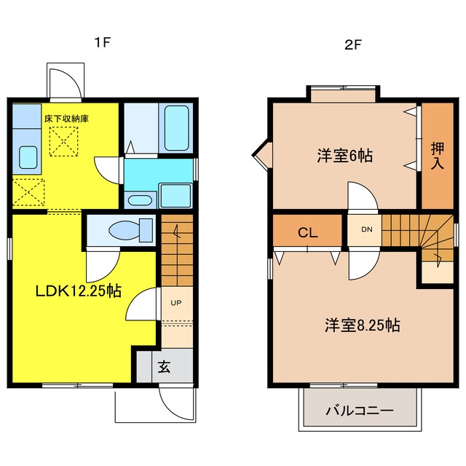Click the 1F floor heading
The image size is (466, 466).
tap(103, 42)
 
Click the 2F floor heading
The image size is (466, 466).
tap(352, 45)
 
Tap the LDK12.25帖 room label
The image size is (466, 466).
tap(79, 291)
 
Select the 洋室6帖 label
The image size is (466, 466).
tap(344, 155)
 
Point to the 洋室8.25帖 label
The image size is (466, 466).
tap(363, 325)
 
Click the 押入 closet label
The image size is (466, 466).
tap(438, 156)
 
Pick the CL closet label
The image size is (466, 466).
tap(307, 232)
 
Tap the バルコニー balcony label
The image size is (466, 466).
tap(360, 411)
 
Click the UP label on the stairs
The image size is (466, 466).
tap(176, 303)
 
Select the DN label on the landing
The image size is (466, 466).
tap(367, 229)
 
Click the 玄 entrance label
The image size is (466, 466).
tap(164, 366)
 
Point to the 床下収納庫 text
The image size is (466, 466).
tap(66, 119)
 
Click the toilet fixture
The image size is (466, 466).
tap(131, 230)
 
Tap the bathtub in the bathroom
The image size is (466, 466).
tap(176, 128)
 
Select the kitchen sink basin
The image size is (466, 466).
tap(28, 157)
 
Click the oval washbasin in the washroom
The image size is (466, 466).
tap(140, 201)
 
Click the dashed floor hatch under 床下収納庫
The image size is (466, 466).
tap(63, 141)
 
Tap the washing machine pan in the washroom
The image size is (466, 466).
tap(175, 196)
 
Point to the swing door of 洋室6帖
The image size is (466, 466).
tap(363, 196)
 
